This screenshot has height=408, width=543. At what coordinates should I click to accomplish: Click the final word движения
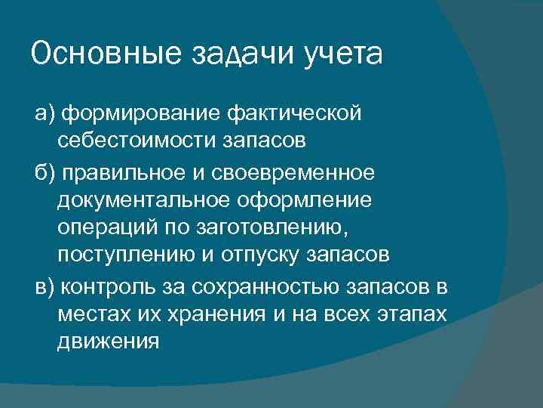(x=108, y=341)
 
